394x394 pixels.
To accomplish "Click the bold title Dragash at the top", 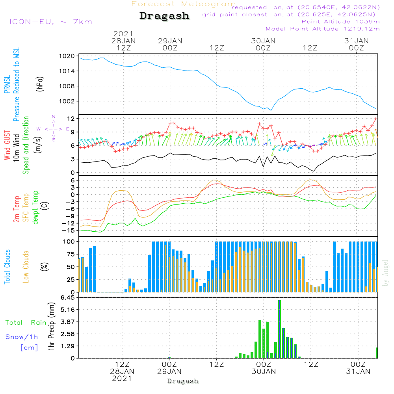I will [x=164, y=16].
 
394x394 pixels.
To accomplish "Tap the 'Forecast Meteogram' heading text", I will [x=184, y=4].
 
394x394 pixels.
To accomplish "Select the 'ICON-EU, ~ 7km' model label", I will [x=50, y=22].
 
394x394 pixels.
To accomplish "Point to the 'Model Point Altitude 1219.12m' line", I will [x=323, y=29].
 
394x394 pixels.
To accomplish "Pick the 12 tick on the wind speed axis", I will [x=71, y=119].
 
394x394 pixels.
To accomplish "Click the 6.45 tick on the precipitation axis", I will [x=67, y=298].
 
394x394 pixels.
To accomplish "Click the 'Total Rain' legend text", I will [x=26, y=323].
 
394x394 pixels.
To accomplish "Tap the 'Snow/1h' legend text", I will [x=22, y=337].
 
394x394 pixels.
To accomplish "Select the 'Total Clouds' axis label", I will [x=7, y=267].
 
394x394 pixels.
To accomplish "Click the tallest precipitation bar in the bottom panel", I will [x=279, y=329].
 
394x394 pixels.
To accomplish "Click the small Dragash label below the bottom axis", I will [x=183, y=381].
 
